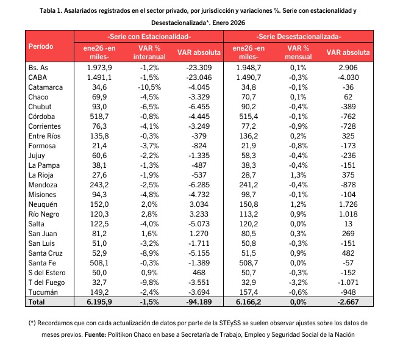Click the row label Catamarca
[x=45, y=87]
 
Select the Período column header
[x=40, y=46]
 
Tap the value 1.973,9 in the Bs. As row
[x=100, y=67]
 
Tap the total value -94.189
[x=198, y=302]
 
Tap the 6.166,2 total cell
[x=251, y=302]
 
